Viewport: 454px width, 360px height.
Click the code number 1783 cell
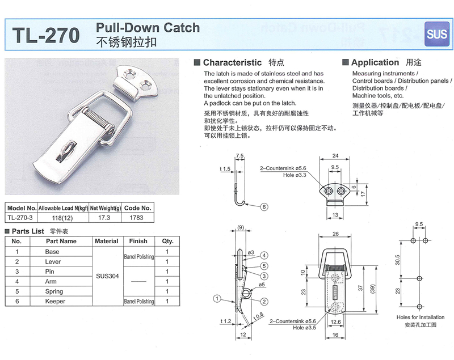(136, 218)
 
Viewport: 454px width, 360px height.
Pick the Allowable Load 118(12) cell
(64, 218)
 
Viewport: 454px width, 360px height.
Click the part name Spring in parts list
(52, 291)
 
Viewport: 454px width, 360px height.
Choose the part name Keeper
(55, 302)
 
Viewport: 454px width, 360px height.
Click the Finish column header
(138, 241)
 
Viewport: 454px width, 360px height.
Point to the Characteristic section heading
(232, 63)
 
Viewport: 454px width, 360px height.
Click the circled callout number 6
(264, 207)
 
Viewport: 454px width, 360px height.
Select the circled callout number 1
(217, 298)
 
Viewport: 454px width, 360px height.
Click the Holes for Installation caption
(421, 317)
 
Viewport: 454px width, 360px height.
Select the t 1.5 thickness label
(225, 170)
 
